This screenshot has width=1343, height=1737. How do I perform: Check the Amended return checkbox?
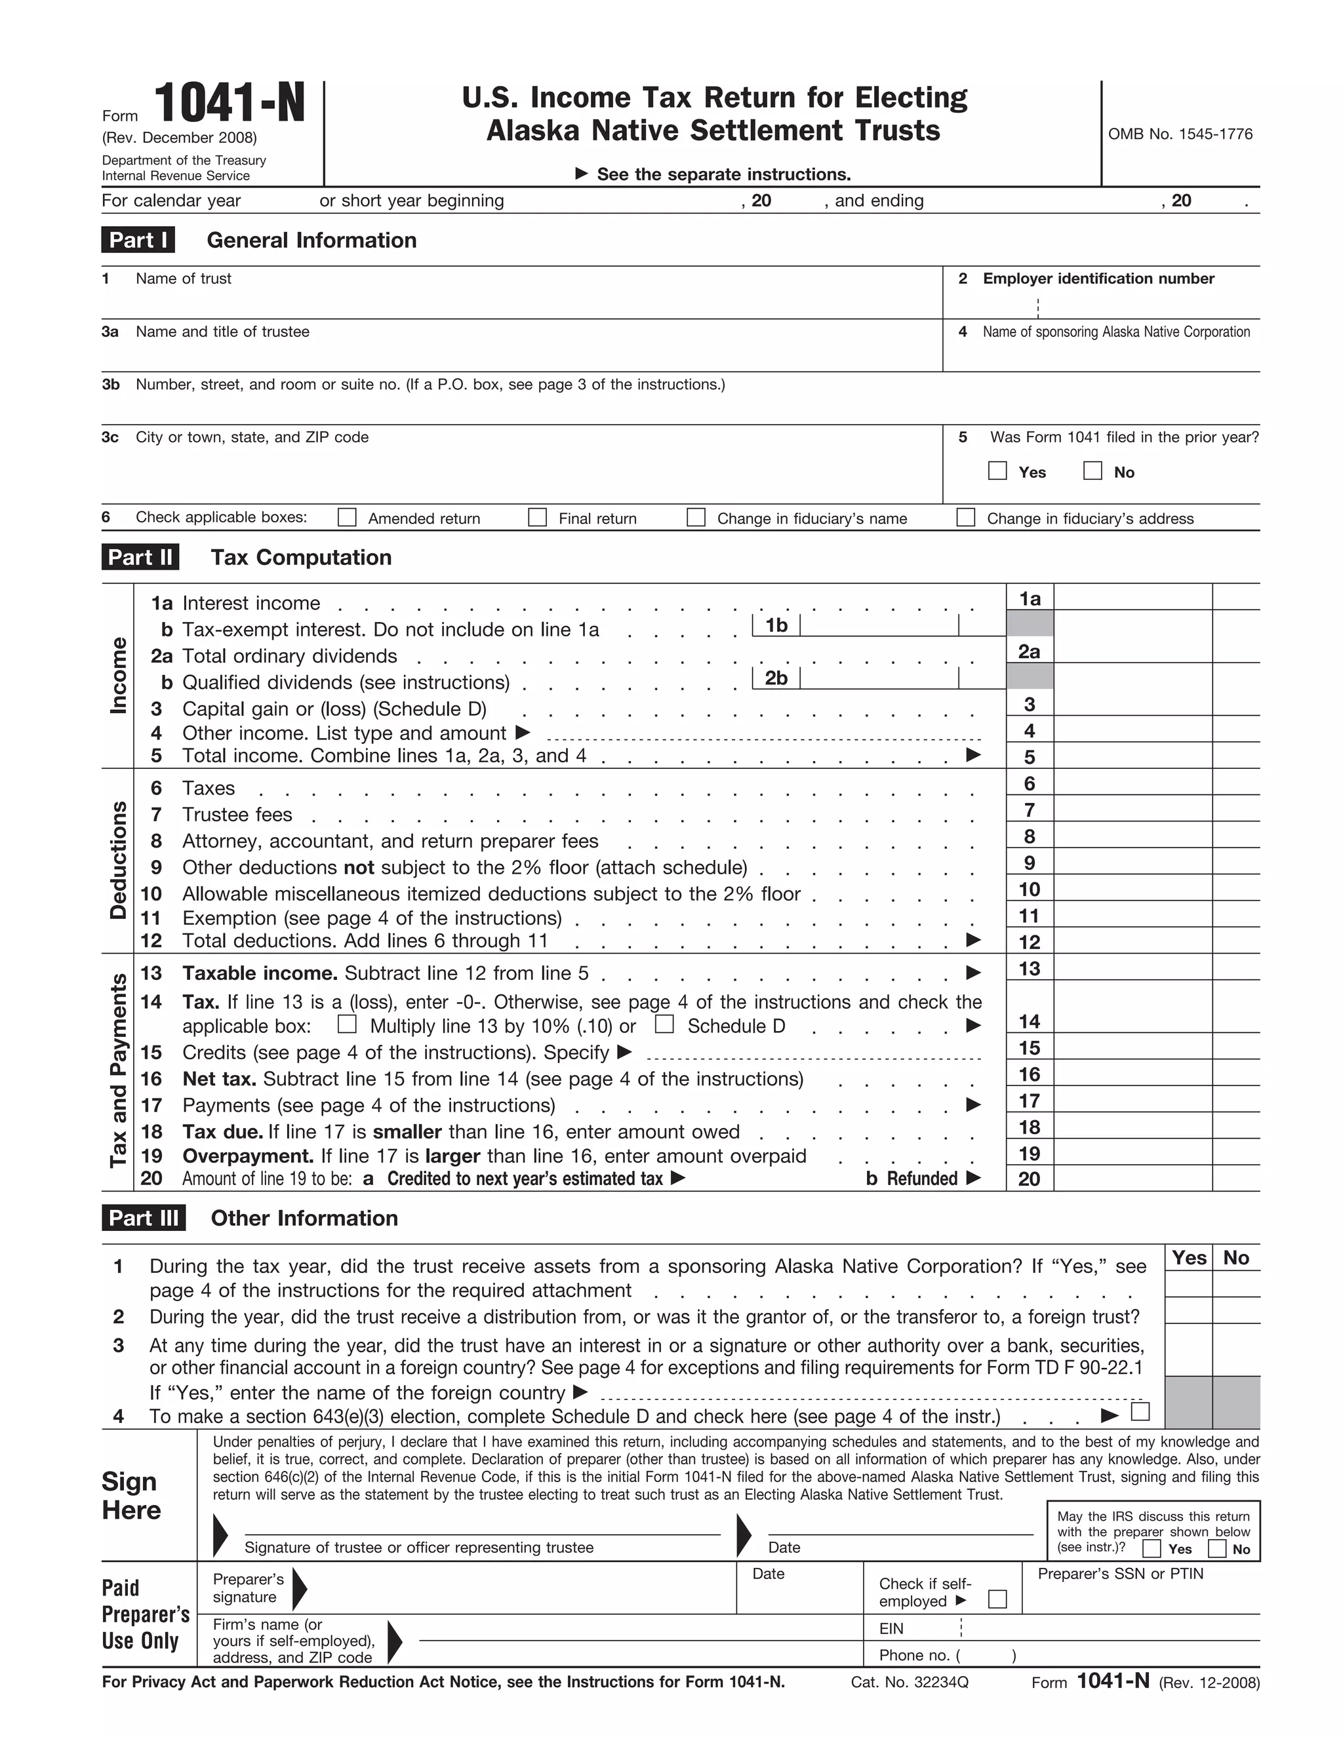(x=347, y=518)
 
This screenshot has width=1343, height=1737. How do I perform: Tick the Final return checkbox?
(x=538, y=518)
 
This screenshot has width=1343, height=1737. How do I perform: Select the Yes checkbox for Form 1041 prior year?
(x=997, y=471)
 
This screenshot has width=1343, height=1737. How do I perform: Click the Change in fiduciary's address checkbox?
(x=966, y=518)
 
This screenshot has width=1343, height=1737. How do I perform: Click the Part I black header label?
(x=138, y=240)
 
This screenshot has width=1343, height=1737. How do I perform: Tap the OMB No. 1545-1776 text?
(x=1180, y=134)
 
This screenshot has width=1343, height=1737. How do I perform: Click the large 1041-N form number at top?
(x=229, y=104)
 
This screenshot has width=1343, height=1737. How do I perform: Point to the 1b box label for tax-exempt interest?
(x=776, y=626)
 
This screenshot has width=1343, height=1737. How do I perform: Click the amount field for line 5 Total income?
(x=1132, y=756)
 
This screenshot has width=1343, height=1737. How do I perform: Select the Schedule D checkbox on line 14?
(x=664, y=1025)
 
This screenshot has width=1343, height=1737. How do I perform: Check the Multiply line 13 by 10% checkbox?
(x=347, y=1025)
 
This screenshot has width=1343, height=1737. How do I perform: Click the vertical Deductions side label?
(x=118, y=861)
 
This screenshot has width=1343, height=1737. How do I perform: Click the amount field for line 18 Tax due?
(x=1132, y=1127)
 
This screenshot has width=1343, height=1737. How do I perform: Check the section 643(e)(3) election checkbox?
(x=1140, y=1412)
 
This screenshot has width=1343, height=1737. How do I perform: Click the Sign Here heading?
(x=131, y=1496)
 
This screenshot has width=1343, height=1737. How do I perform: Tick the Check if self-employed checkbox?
(x=997, y=1599)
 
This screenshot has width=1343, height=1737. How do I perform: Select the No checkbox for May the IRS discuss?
(x=1216, y=1548)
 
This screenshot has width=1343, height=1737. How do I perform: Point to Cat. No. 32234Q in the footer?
(x=910, y=1682)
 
